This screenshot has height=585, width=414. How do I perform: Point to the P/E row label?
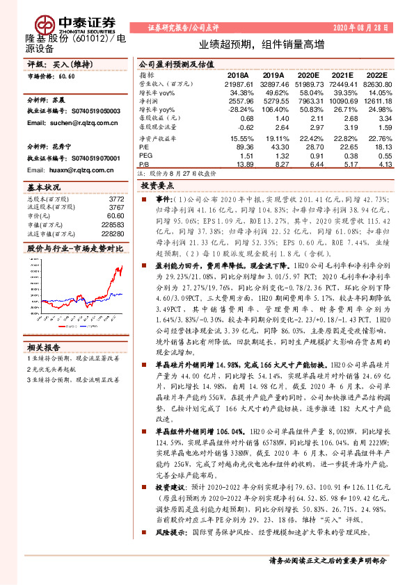[144, 147]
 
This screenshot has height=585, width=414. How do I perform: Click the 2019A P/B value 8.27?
[275, 164]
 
